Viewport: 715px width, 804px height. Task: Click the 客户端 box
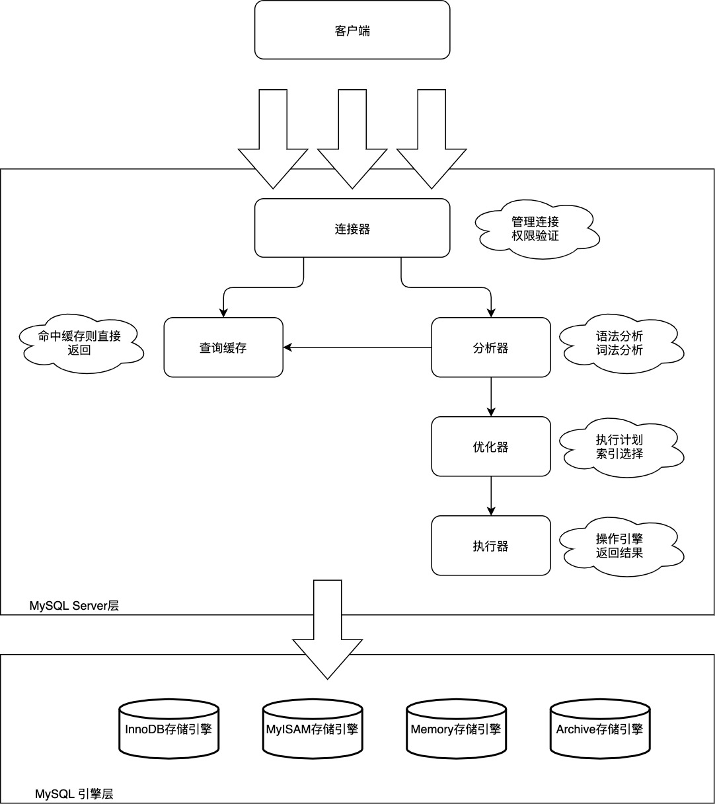click(x=352, y=30)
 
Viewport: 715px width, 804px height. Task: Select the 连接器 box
click(x=352, y=229)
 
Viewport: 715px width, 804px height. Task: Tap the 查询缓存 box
click(x=223, y=347)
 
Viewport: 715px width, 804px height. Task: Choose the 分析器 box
click(x=491, y=347)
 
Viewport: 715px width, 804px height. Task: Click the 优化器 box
click(x=491, y=447)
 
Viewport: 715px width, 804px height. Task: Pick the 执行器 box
click(x=491, y=546)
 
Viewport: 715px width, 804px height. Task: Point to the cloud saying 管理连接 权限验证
click(x=535, y=229)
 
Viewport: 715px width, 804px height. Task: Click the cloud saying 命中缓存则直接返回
click(x=79, y=343)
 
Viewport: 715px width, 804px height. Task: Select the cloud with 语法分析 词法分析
click(x=619, y=344)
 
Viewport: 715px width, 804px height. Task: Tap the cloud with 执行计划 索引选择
click(x=619, y=447)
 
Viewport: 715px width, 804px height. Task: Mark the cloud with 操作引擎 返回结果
click(x=619, y=546)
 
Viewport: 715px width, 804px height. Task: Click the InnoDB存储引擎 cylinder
click(x=169, y=729)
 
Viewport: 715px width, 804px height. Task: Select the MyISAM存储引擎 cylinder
click(x=312, y=729)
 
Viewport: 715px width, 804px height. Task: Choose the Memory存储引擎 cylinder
click(x=456, y=729)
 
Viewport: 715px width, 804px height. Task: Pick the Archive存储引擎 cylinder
click(x=599, y=729)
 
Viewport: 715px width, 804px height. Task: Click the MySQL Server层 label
click(x=74, y=605)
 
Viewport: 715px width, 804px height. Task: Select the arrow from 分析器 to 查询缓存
click(x=357, y=347)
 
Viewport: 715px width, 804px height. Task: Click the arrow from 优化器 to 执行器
click(x=491, y=495)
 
